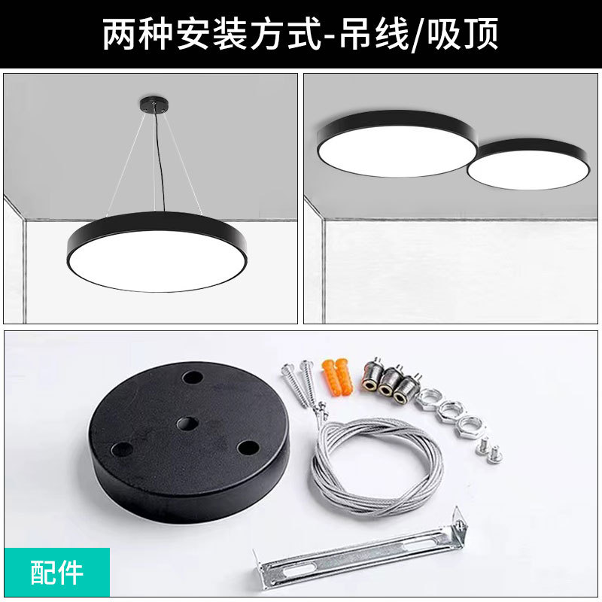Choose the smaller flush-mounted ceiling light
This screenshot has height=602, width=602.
tap(527, 166)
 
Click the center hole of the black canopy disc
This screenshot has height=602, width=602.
tap(187, 424)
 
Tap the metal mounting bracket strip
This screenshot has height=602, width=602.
tap(354, 553)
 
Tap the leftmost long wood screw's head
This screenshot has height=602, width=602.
tap(288, 368)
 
